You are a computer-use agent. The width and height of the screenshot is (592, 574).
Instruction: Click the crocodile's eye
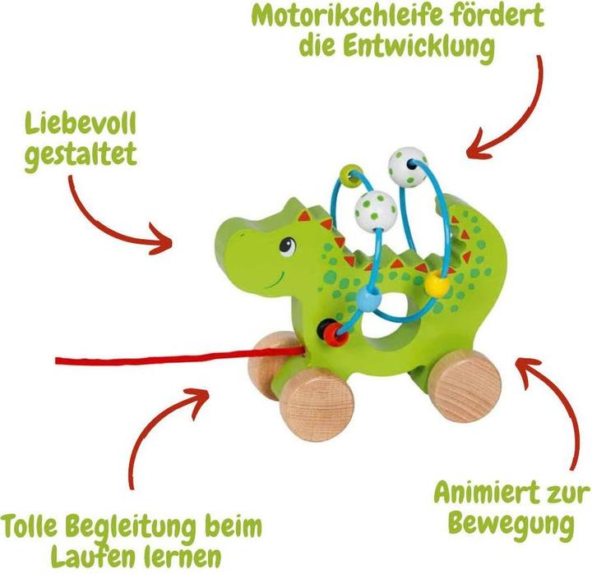point(286,245)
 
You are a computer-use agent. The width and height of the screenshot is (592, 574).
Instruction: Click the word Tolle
point(42,525)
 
